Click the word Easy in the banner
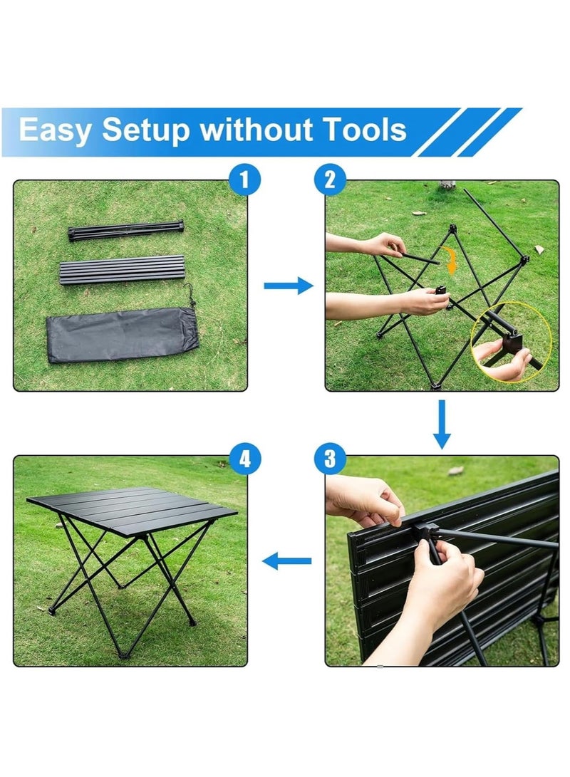point(55,130)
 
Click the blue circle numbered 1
point(244,179)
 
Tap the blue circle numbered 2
point(330,179)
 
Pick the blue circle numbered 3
point(330,459)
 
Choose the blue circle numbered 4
point(245,459)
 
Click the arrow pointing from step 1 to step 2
point(289,286)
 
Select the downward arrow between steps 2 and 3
point(442,424)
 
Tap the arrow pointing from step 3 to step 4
point(286,561)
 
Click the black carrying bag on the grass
point(123,335)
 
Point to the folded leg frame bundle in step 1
point(126,231)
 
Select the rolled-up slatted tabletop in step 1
point(122,270)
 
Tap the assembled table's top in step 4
point(133,511)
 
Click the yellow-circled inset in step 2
point(511,343)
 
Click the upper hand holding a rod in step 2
point(383,245)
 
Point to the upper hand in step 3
point(364,501)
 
